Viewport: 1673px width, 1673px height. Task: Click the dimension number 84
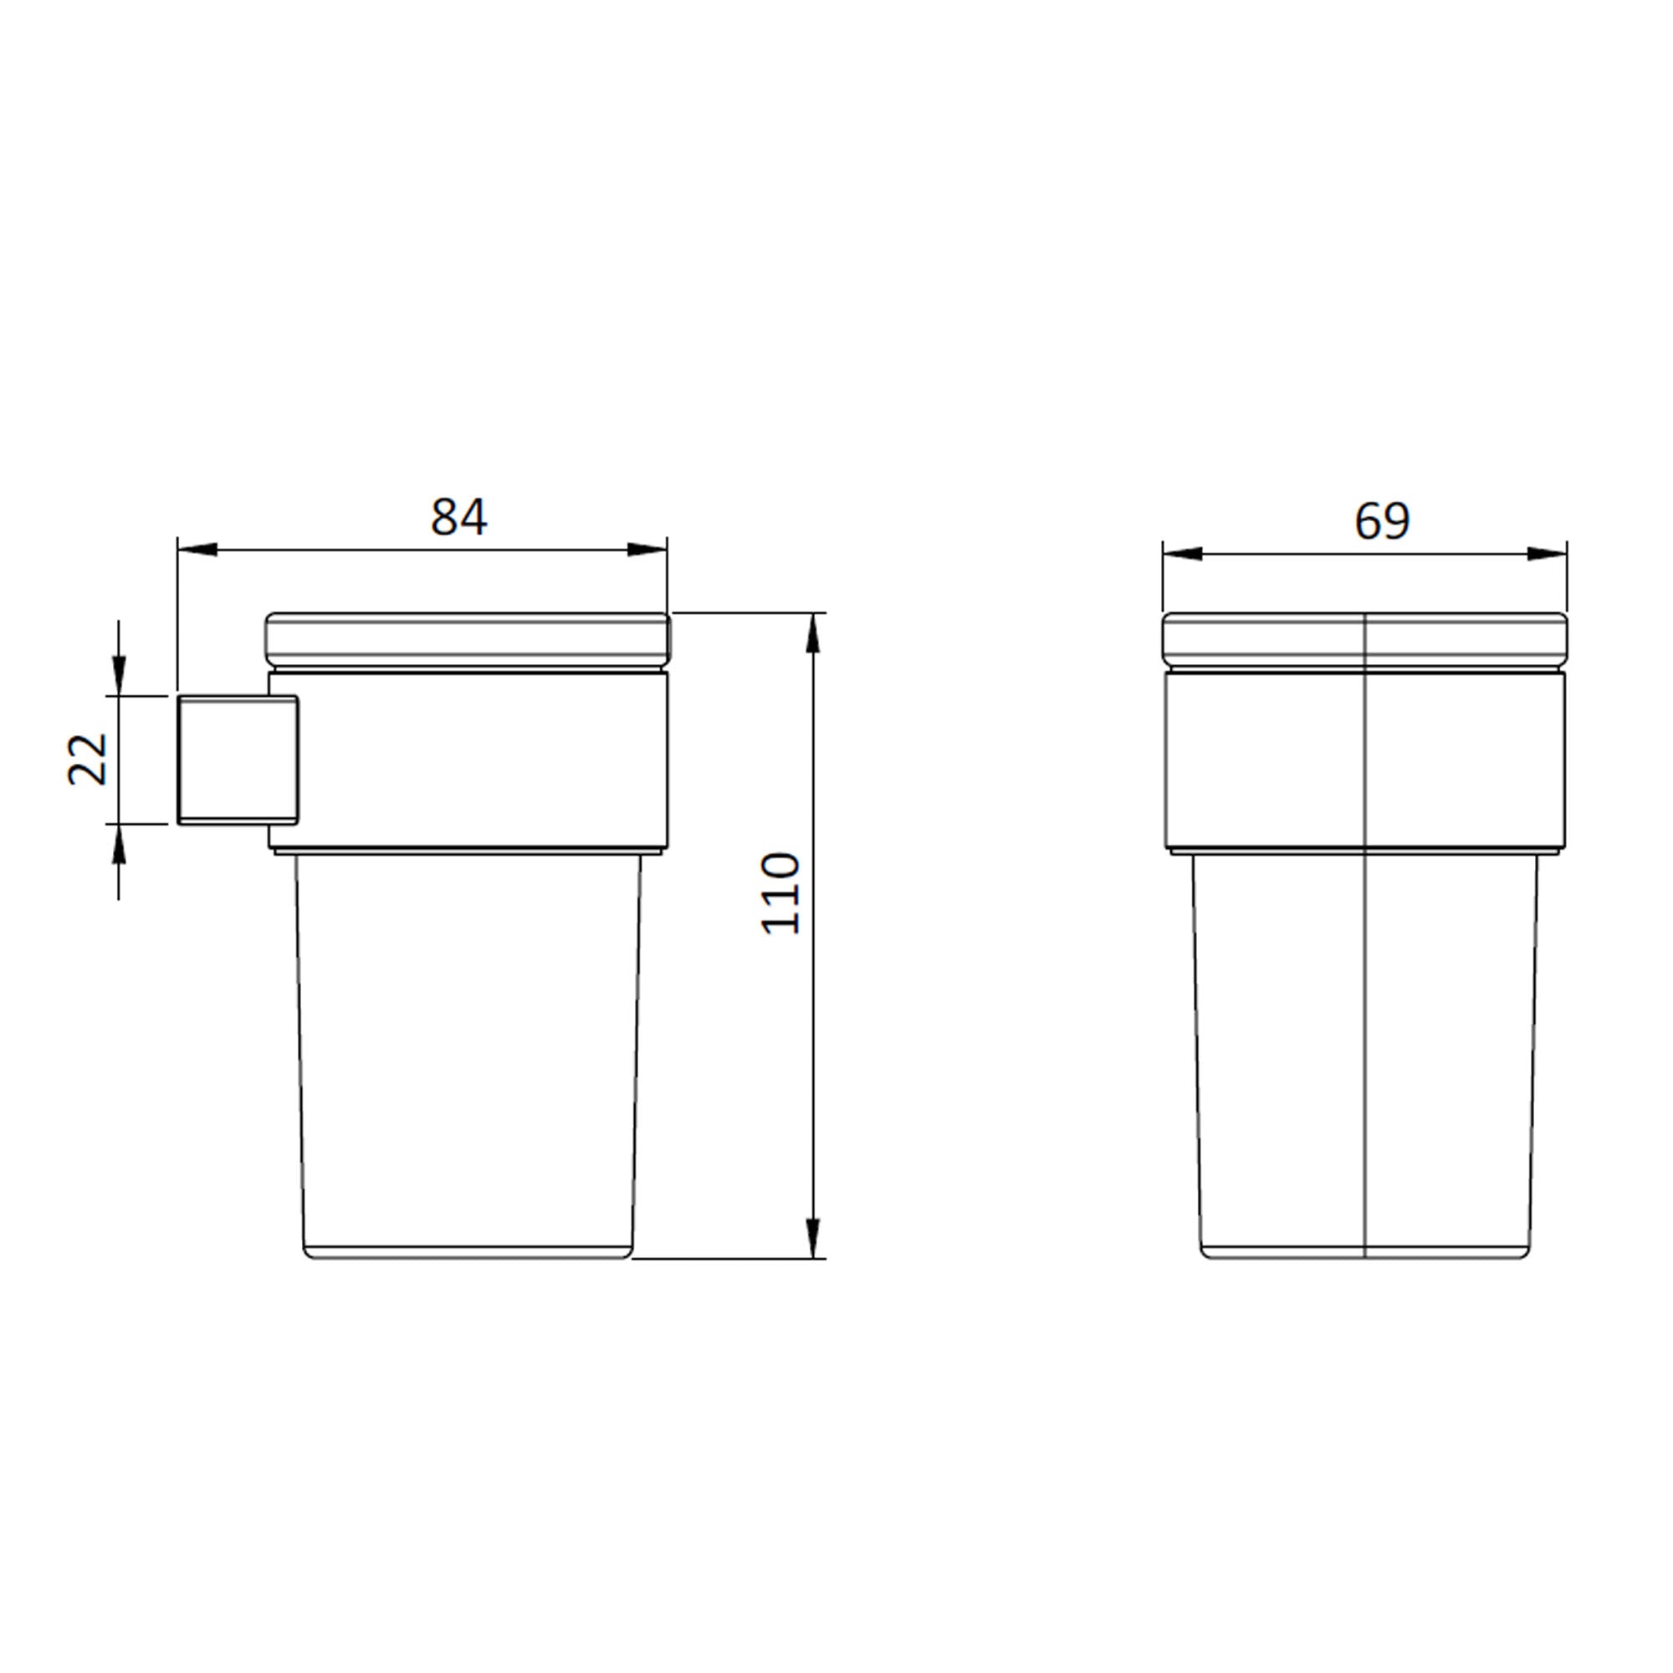(459, 517)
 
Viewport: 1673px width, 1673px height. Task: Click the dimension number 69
(1382, 520)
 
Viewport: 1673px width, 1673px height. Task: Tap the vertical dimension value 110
(781, 893)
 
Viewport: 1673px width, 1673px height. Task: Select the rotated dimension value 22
(88, 760)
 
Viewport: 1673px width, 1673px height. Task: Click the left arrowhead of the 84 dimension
(197, 549)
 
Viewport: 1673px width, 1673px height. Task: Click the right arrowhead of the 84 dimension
(647, 549)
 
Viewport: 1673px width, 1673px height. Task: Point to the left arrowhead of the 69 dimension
(1183, 553)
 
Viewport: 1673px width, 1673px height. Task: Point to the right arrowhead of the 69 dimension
(1547, 553)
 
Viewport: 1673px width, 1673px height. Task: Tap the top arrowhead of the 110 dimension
(812, 634)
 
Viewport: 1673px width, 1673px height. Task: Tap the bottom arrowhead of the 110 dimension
(812, 1236)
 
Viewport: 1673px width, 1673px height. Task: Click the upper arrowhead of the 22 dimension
(119, 674)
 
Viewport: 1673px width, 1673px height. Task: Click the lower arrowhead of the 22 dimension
(119, 845)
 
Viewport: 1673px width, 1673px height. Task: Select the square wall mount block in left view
(236, 760)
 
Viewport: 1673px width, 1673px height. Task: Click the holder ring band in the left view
(485, 760)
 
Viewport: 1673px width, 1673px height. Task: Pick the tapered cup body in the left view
(468, 1056)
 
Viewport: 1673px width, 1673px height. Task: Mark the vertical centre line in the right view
(1364, 953)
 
